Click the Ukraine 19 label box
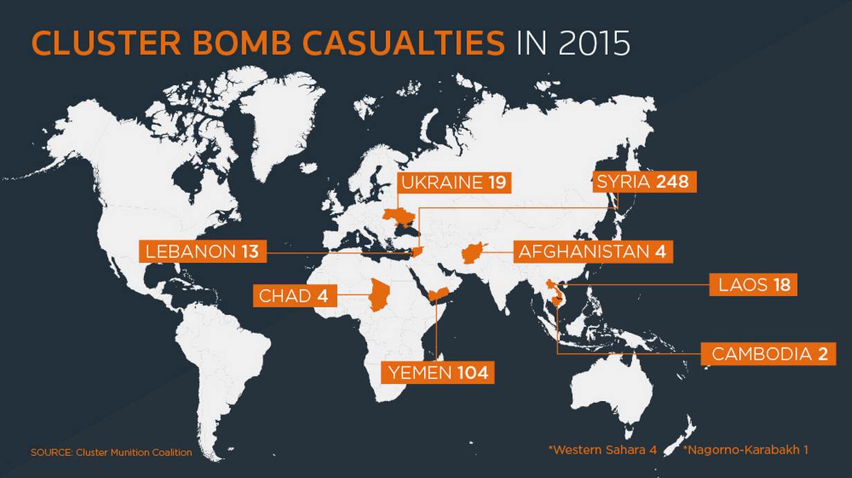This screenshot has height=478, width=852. [x=454, y=182]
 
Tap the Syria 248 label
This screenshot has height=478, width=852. [x=645, y=182]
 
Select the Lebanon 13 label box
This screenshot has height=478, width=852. [x=203, y=251]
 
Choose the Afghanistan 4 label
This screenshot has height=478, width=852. [x=593, y=252]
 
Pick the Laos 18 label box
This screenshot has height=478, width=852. [x=753, y=284]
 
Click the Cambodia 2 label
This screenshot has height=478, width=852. [x=768, y=355]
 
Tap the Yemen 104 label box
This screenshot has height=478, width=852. [x=438, y=373]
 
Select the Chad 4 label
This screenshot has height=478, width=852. [x=295, y=296]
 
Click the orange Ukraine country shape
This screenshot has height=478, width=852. [x=398, y=217]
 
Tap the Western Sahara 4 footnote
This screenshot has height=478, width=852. [x=603, y=450]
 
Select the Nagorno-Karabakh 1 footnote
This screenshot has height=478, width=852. [x=745, y=450]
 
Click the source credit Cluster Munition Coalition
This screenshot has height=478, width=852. [x=112, y=452]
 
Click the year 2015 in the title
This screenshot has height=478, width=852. [x=594, y=42]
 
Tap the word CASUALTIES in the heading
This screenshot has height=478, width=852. [x=403, y=42]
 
